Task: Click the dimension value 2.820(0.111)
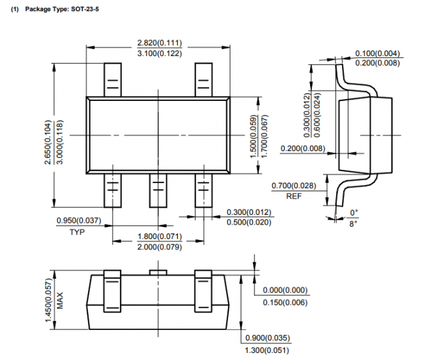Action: point(160,42)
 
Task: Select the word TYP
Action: point(78,231)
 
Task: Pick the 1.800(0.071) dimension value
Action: point(159,236)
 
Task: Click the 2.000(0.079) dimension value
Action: point(159,246)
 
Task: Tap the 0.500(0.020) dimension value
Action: point(249,223)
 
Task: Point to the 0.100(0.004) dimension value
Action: point(378,53)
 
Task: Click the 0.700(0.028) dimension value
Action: point(293,186)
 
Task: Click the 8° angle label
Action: point(354,223)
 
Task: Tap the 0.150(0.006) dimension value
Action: point(285,302)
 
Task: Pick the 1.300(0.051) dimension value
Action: point(268,351)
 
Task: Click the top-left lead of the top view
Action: point(112,79)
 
